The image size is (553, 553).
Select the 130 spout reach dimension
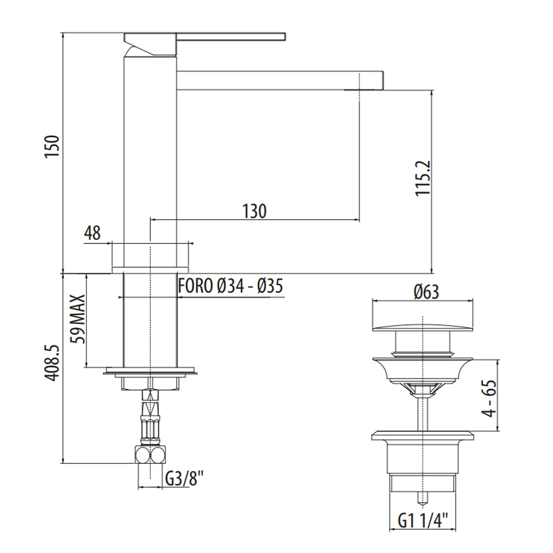[254, 211]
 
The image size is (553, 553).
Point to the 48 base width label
[92, 233]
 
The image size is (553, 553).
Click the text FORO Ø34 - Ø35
[230, 286]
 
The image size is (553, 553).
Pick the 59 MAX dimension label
[79, 319]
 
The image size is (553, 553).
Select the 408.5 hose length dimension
[52, 363]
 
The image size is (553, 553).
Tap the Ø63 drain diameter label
[426, 292]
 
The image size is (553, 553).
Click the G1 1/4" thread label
[422, 521]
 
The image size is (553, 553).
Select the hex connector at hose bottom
[150, 455]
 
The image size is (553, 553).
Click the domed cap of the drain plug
[422, 326]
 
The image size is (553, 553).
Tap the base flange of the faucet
[150, 269]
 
